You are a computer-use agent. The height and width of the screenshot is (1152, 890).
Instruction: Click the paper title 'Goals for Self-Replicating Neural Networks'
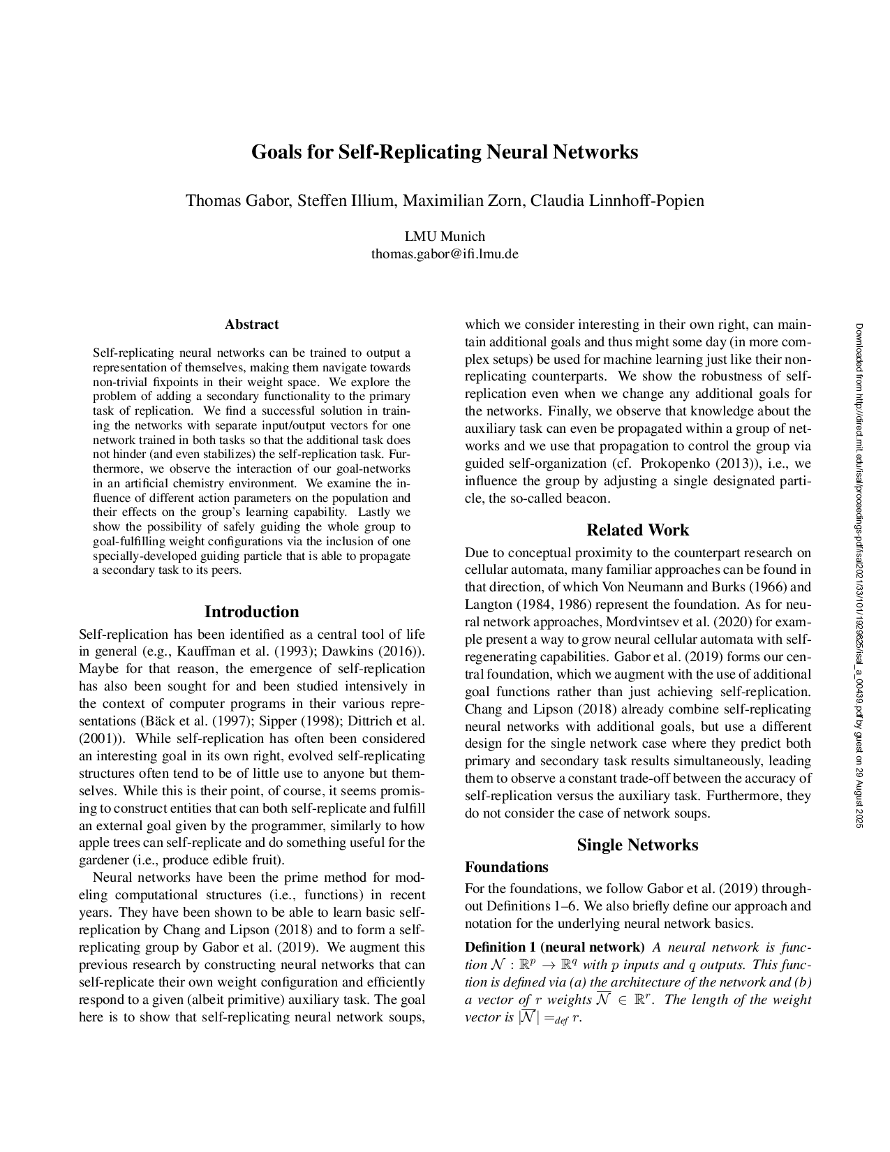[x=445, y=152]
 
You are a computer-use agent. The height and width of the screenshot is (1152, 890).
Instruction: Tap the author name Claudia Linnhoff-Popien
[x=617, y=201]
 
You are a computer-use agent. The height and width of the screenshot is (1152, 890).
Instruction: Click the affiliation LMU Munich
[x=445, y=237]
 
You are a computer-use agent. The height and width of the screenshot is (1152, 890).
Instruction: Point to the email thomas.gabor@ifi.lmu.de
[x=445, y=254]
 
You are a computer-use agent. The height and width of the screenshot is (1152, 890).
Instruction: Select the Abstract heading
[x=251, y=325]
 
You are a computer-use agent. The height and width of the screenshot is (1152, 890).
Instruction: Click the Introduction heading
[x=251, y=612]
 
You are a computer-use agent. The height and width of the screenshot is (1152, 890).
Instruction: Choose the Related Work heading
[x=637, y=531]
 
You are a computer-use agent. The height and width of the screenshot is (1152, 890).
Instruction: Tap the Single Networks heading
[x=637, y=845]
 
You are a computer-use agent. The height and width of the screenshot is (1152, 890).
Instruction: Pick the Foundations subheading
[x=506, y=868]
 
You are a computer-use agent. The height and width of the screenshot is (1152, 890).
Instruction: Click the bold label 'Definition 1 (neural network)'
[x=554, y=947]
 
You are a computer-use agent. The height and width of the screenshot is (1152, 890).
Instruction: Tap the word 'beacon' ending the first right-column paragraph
[x=589, y=499]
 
